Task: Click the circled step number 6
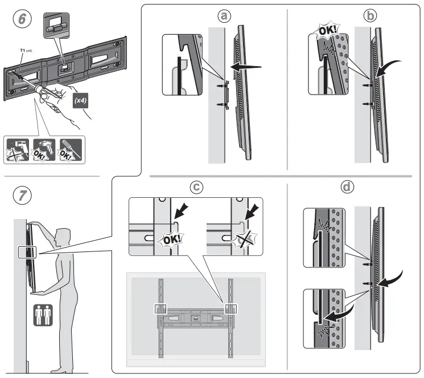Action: (x=22, y=19)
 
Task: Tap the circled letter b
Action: (x=372, y=16)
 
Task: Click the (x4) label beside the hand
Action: (x=80, y=101)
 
